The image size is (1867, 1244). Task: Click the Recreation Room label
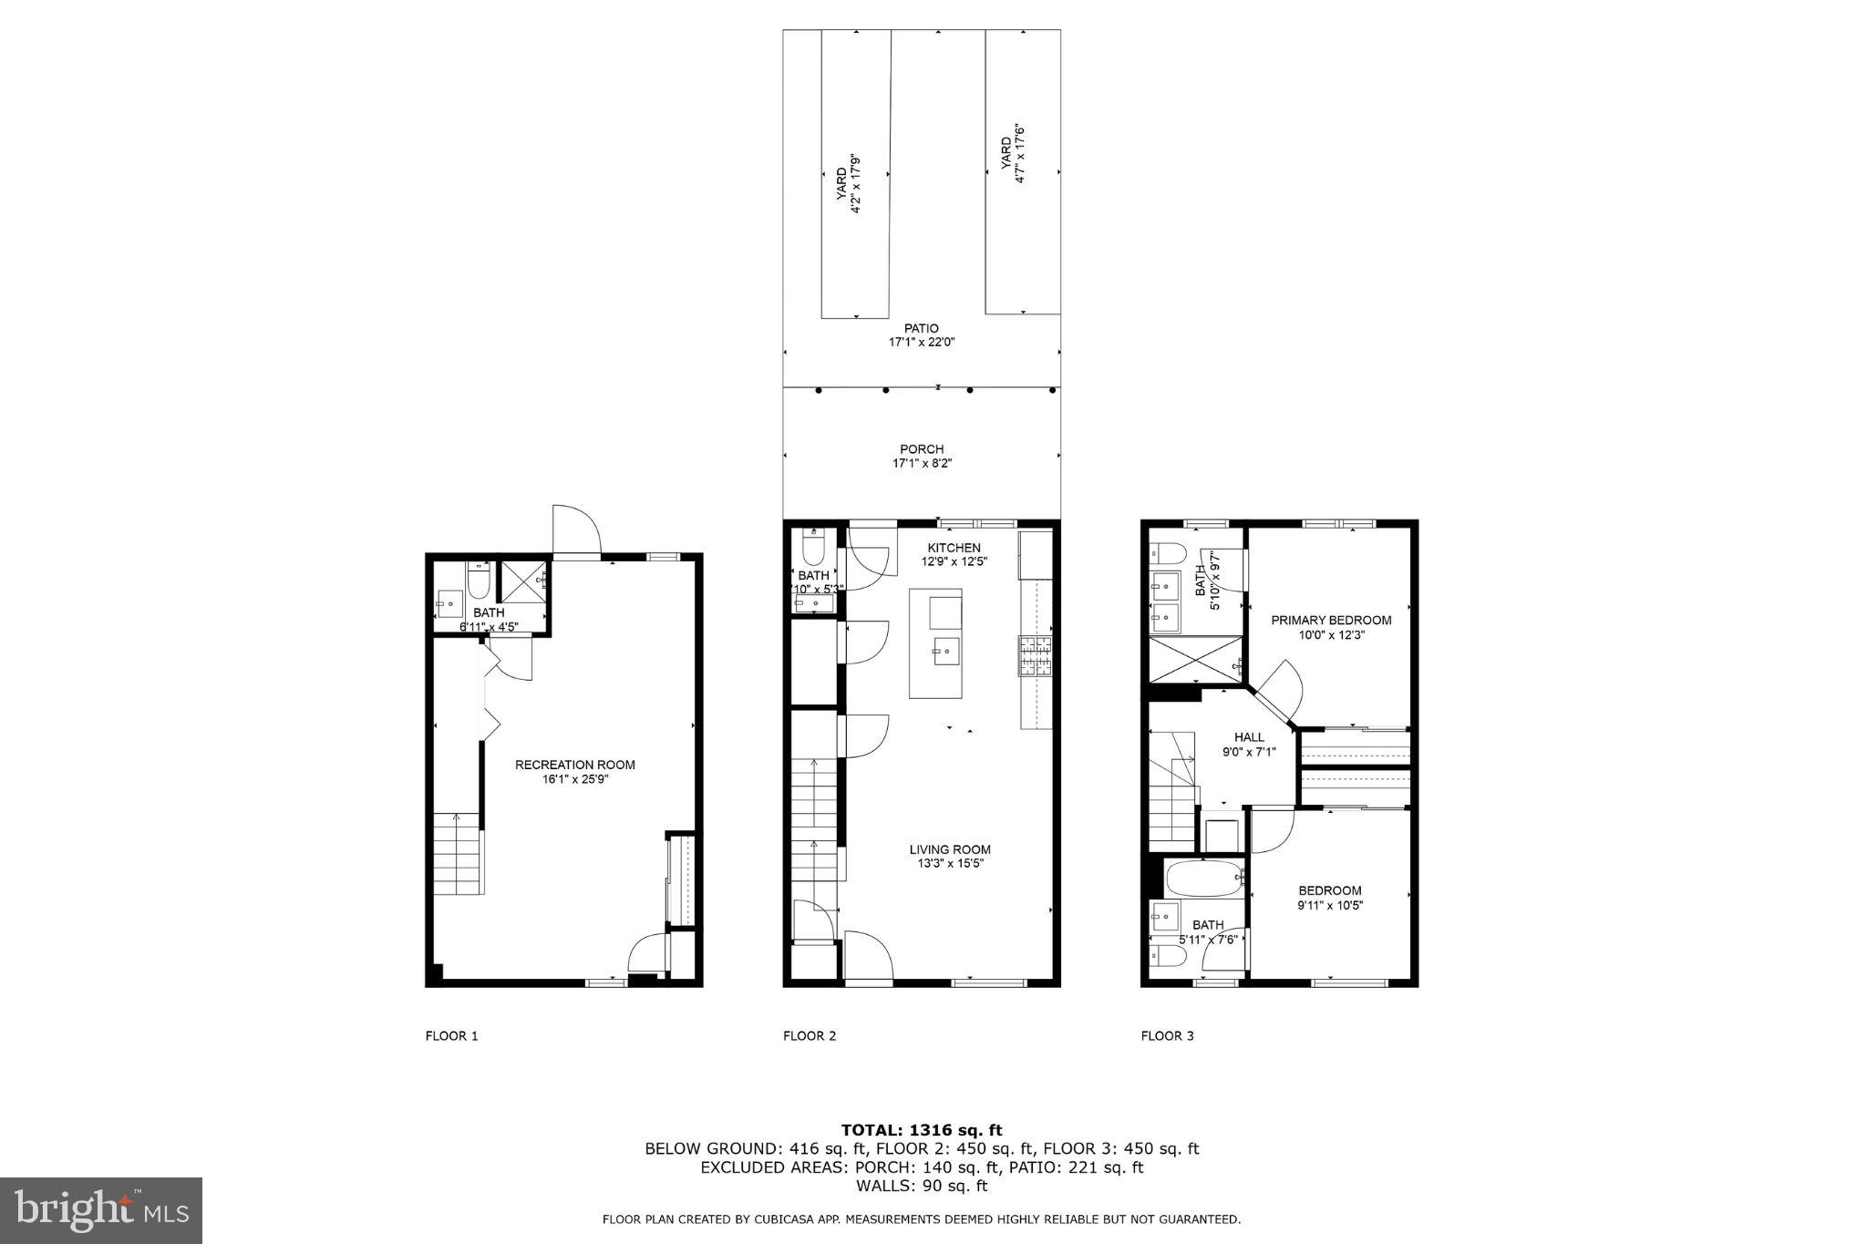(x=574, y=765)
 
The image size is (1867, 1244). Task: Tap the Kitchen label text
(x=954, y=548)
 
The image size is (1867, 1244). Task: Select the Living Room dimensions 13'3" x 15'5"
(x=950, y=864)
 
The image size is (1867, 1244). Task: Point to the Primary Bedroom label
(x=1331, y=621)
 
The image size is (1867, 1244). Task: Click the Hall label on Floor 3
(x=1249, y=737)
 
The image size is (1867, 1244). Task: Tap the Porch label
(x=921, y=449)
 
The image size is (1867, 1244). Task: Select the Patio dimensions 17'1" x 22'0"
(x=921, y=343)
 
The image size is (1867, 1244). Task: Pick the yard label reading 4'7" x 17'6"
(x=1013, y=159)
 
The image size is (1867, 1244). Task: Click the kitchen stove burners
(x=1035, y=656)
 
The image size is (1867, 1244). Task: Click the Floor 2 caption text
(x=810, y=1036)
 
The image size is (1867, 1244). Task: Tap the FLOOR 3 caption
(x=1167, y=1036)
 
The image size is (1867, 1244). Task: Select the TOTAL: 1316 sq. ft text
(x=921, y=1131)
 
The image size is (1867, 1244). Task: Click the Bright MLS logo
(x=101, y=1210)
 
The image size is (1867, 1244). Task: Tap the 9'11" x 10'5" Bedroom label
(x=1330, y=898)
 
